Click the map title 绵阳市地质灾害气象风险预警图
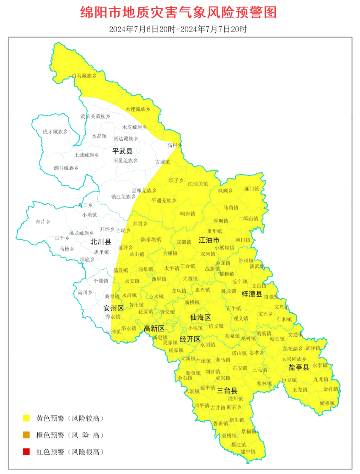coord(178,12)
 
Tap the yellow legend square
coord(26,418)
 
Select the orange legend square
coord(26,435)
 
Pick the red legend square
coord(26,452)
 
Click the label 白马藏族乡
coord(84,76)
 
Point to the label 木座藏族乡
coord(138,109)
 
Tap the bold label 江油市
coord(209,240)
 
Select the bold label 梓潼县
coord(252,294)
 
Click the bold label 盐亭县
coord(299,367)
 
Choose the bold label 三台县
coord(227,390)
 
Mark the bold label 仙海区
coord(200,317)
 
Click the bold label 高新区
coord(154,328)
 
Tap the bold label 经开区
coord(190,339)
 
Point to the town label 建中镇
coord(248,452)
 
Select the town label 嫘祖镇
coord(327,403)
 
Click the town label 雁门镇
coord(252,189)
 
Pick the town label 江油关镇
coord(198,184)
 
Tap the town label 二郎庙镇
coord(248,219)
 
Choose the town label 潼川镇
coord(235,399)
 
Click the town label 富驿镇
coord(313,348)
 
